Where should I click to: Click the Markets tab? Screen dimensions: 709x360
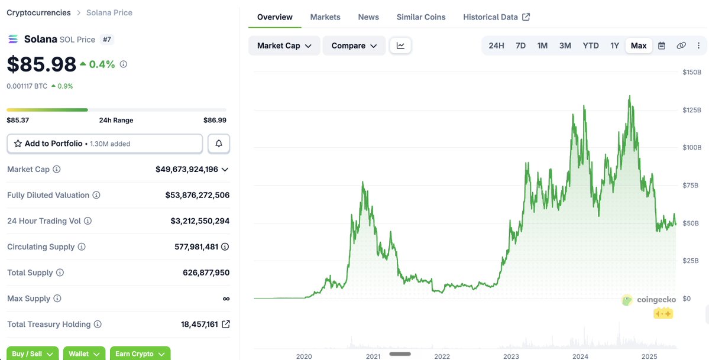tap(325, 17)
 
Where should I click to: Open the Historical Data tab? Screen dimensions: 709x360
tap(496, 17)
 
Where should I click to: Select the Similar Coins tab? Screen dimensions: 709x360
tap(421, 17)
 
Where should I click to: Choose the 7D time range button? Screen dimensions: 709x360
tap(520, 46)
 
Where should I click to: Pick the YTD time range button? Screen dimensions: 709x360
tap(591, 46)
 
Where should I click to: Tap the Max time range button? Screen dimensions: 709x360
tap(639, 46)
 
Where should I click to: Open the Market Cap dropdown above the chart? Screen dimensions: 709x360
tap(284, 46)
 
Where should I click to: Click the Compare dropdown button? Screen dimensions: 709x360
tap(354, 46)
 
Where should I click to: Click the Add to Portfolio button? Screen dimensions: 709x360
tap(105, 144)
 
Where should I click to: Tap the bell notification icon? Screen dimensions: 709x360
tap(219, 144)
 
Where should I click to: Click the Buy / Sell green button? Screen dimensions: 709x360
tap(33, 353)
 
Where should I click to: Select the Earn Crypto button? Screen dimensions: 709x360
tap(140, 353)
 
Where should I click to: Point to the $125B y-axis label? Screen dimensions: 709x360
tap(692, 110)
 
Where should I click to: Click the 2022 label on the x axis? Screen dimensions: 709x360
tap(442, 356)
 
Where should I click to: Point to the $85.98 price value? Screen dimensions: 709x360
tap(41, 64)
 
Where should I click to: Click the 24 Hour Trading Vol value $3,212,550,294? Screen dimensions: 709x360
tap(200, 221)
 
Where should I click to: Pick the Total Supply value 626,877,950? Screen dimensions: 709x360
tap(206, 273)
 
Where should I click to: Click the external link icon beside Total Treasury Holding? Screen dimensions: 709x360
tap(226, 325)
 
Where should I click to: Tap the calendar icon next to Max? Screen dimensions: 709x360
tap(662, 46)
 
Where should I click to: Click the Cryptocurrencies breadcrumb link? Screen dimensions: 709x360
tap(38, 12)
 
